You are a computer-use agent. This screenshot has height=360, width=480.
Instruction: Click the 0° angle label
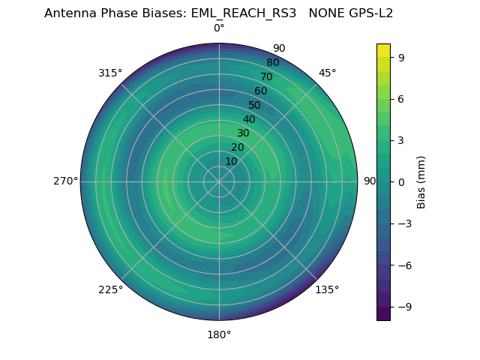coord(219,28)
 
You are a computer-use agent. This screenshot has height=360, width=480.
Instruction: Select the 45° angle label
coord(327,73)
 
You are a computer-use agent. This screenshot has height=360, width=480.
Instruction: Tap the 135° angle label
coord(327,289)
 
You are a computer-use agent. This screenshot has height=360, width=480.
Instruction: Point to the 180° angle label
coord(219,334)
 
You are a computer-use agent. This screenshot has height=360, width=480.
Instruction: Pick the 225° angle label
coord(110,289)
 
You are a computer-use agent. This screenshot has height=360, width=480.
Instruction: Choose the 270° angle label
coord(65,181)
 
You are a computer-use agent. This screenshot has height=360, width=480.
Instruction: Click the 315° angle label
coord(110,73)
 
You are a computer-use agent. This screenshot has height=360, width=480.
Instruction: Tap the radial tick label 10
coord(231,162)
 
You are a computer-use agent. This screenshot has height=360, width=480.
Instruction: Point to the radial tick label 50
coord(255,106)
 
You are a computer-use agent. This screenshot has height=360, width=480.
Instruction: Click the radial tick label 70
coord(267,77)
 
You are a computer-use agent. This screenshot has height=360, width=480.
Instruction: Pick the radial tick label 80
coord(273,63)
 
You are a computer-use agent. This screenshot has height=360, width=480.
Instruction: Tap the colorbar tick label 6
coord(402,99)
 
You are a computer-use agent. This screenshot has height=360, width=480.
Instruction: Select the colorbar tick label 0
coord(402,182)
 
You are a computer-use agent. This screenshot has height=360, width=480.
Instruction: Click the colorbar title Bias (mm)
coord(421,182)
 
